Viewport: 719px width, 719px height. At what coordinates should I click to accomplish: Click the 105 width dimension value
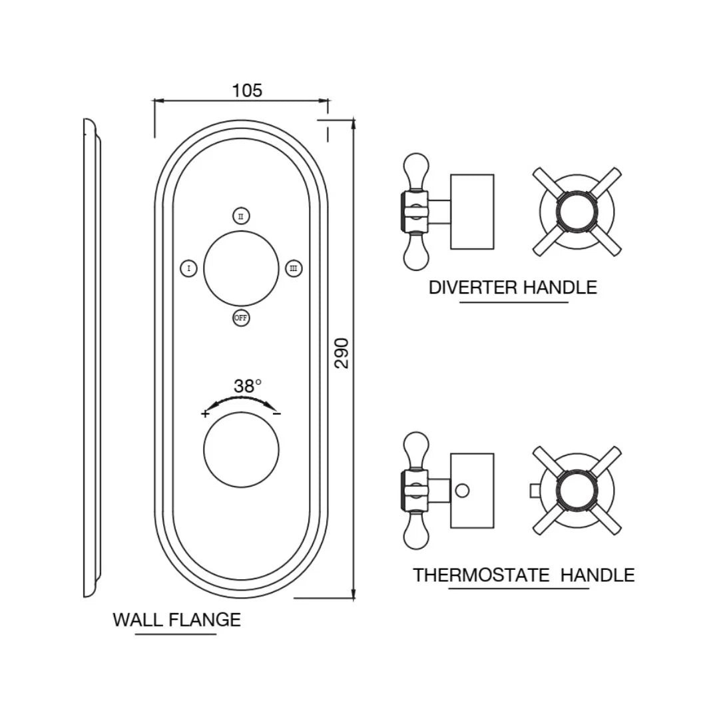tap(247, 91)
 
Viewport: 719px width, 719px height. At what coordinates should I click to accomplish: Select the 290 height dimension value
tap(342, 353)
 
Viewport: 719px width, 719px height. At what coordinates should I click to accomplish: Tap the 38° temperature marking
tap(247, 385)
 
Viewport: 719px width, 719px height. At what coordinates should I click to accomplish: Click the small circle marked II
tap(241, 216)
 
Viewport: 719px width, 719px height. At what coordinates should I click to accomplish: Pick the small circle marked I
tap(189, 268)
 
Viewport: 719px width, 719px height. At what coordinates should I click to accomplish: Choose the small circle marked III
tap(294, 268)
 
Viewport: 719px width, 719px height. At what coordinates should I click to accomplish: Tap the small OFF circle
tap(241, 318)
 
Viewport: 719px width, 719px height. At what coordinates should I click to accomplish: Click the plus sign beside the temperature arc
tap(205, 413)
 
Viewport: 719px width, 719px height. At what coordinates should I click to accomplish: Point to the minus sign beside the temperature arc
tap(277, 413)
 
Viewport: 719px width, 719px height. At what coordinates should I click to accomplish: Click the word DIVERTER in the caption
tap(473, 288)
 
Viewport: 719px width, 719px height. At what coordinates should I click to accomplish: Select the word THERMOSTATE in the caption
tap(481, 575)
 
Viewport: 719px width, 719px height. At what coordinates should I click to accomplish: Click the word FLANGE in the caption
tap(204, 620)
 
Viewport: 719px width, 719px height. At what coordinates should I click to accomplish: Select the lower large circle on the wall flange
tap(241, 449)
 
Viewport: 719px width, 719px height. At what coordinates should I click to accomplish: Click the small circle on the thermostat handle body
tap(462, 491)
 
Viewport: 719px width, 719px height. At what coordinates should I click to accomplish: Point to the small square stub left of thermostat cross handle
tap(535, 491)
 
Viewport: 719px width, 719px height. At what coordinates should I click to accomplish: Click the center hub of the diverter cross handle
tap(577, 212)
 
